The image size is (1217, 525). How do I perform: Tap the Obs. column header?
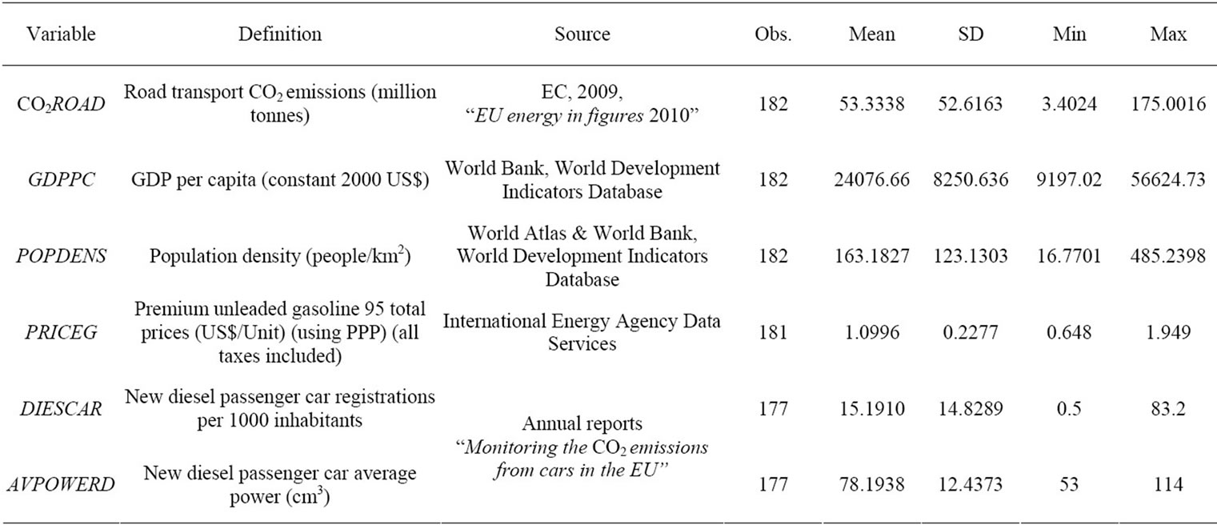tap(772, 34)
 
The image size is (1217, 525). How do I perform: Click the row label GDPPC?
tap(60, 181)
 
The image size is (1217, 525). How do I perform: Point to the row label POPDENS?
tap(60, 257)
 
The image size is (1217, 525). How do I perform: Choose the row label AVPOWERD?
tap(60, 484)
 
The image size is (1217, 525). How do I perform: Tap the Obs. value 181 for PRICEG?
tap(772, 332)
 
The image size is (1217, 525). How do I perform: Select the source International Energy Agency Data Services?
tap(582, 332)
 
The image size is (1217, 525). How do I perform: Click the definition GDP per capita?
tap(279, 181)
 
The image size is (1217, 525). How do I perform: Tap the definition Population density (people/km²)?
tap(279, 257)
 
